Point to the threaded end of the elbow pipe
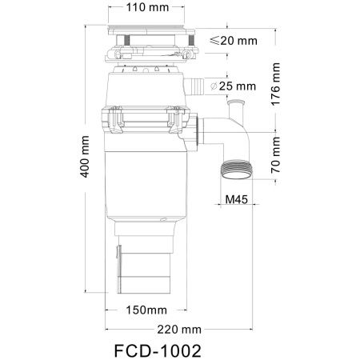[x=235, y=170]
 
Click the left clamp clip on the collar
[x=114, y=121]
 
